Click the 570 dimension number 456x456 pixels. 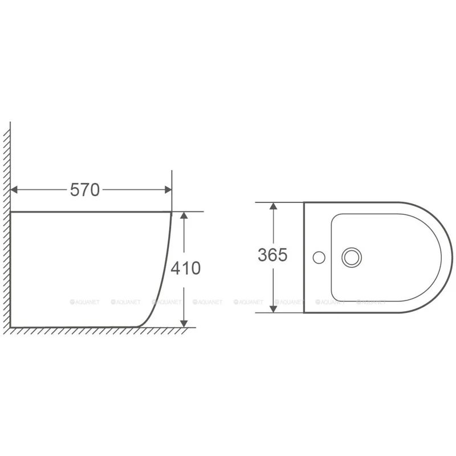click(84, 190)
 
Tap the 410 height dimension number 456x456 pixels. click(186, 268)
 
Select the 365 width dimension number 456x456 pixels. click(272, 255)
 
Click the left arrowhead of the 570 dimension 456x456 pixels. click(14, 190)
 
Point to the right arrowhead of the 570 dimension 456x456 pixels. click(168, 190)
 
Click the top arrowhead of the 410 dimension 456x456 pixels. click(184, 215)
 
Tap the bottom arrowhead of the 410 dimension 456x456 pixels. click(184, 323)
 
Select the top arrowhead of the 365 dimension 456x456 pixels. click(273, 206)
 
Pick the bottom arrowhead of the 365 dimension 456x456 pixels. click(273, 309)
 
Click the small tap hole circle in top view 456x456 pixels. click(319, 258)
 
